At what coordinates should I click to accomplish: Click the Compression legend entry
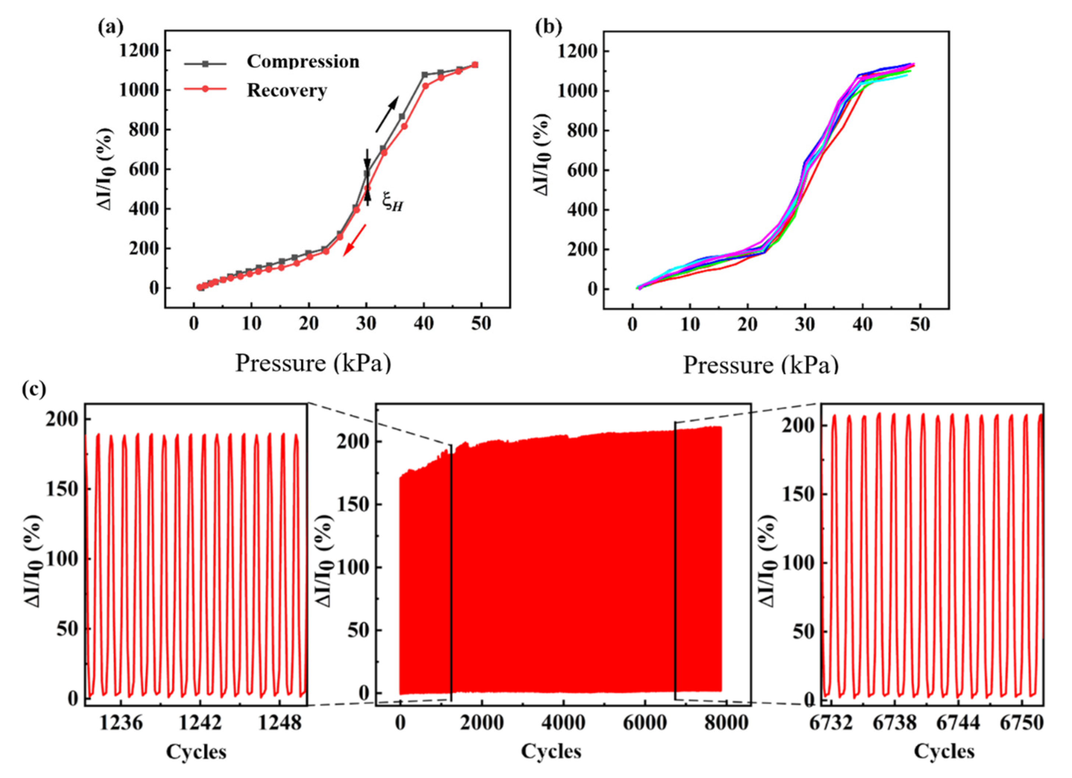[303, 62]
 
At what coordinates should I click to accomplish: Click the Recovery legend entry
[286, 90]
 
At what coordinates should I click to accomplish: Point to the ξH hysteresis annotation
[392, 204]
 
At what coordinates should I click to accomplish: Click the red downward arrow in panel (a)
[355, 240]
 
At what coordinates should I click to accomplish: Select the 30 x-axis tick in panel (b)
[805, 325]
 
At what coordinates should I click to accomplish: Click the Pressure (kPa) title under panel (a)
[313, 363]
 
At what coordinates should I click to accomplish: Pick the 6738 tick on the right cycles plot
[894, 723]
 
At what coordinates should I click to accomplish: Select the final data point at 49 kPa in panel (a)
[475, 65]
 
